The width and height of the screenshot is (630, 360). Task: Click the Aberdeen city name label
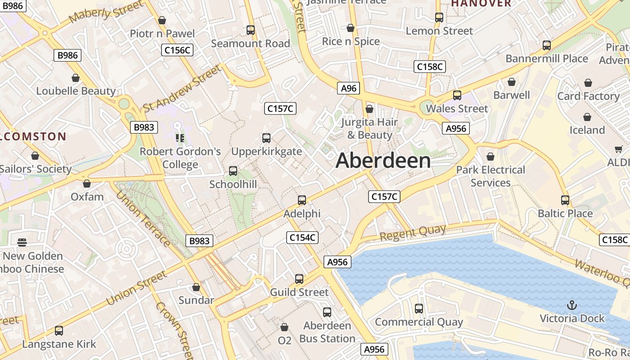click(383, 161)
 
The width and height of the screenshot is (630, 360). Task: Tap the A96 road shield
click(349, 88)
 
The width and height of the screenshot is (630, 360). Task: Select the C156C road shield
click(177, 50)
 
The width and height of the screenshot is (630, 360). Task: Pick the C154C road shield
click(302, 238)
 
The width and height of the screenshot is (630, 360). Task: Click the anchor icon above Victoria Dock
click(571, 306)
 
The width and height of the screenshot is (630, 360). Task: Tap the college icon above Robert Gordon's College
click(180, 138)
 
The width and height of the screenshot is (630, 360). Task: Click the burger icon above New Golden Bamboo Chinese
click(22, 243)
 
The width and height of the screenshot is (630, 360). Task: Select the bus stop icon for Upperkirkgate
click(266, 138)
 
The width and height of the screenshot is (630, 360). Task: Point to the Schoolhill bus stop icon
click(233, 171)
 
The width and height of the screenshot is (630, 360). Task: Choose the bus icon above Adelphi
click(302, 200)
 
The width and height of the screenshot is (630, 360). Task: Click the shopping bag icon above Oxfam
click(87, 184)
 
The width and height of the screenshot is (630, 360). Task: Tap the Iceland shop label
click(587, 130)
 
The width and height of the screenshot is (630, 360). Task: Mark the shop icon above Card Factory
click(588, 83)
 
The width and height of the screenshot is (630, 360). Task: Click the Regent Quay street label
click(413, 233)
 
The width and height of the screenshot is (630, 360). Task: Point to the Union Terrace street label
click(143, 219)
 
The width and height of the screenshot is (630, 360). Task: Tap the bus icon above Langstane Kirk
click(59, 331)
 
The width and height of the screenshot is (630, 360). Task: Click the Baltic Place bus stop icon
click(565, 200)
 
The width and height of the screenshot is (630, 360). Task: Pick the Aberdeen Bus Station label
click(327, 332)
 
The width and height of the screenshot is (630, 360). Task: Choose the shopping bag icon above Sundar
click(196, 287)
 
